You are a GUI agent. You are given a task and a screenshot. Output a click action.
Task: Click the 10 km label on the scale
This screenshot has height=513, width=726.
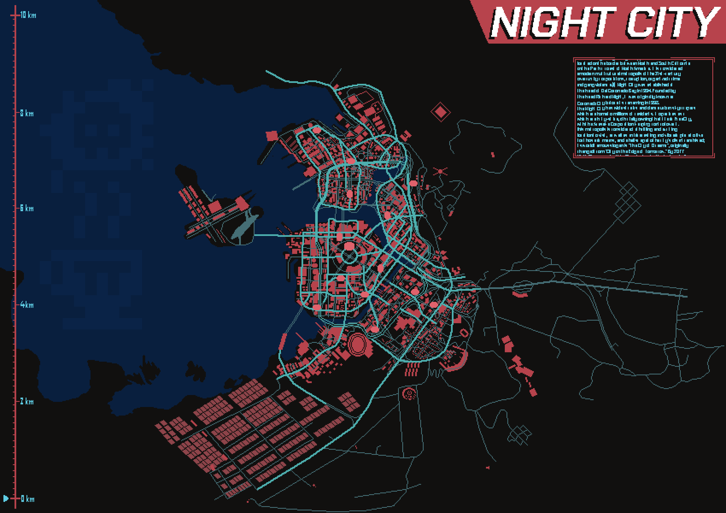tap(28, 15)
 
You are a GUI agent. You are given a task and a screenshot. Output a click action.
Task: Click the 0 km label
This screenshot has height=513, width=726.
tap(28, 499)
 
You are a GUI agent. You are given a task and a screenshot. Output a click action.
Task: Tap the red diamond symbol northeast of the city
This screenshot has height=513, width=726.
tap(440, 112)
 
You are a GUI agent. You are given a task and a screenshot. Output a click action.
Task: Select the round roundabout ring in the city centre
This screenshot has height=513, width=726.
tap(349, 256)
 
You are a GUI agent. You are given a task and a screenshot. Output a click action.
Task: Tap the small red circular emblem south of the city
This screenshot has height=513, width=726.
tap(409, 394)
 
